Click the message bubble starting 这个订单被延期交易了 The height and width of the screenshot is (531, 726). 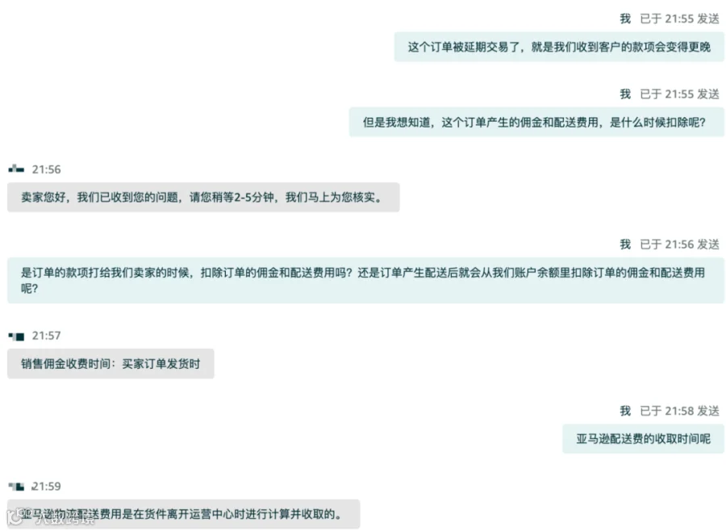pos(559,48)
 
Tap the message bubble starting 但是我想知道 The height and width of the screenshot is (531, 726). pos(536,123)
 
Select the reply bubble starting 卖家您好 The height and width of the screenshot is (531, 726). pos(203,197)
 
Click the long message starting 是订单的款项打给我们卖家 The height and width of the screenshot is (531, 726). pos(365,280)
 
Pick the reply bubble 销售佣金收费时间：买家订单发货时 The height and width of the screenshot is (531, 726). pos(111,364)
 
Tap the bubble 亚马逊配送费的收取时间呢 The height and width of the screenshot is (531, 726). pos(643,439)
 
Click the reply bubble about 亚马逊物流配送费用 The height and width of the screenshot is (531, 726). pos(183,514)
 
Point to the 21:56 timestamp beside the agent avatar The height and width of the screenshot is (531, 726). pos(46,169)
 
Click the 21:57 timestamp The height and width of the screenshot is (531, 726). pos(46,336)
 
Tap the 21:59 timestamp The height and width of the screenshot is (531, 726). pos(46,487)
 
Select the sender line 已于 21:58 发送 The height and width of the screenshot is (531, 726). pos(679,411)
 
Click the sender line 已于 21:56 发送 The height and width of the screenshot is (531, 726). pos(679,244)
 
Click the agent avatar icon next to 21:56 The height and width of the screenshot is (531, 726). pos(16,169)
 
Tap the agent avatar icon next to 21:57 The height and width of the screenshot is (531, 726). pos(16,336)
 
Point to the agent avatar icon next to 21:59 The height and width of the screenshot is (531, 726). pos(16,487)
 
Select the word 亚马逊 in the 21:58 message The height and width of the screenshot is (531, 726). pos(595,439)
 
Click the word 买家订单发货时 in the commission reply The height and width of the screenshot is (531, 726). pos(161,364)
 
